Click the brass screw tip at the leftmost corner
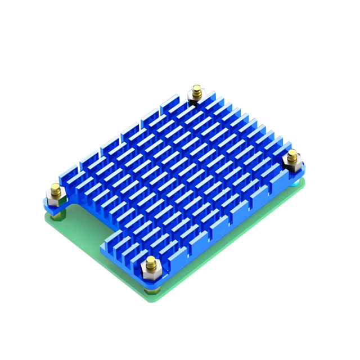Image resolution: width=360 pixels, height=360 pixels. tap(55, 187)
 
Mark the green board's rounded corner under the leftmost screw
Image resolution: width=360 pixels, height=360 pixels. tap(46, 217)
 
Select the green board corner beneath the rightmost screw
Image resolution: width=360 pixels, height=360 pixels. tap(304, 183)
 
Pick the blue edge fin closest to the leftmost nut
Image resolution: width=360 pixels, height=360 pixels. tap(72, 181)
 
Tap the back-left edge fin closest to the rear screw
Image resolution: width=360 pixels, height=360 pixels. tap(169, 107)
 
